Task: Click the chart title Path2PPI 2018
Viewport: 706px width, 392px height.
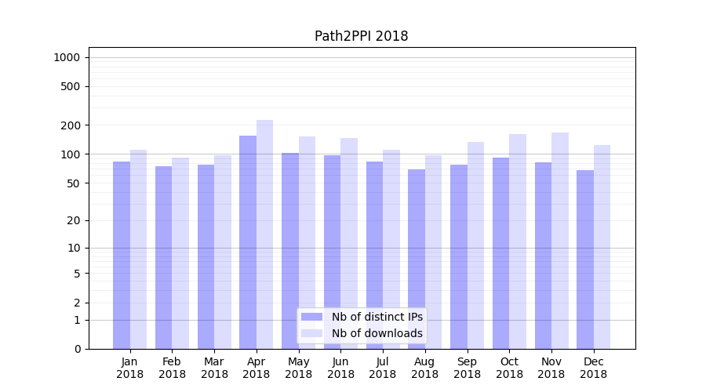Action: click(361, 36)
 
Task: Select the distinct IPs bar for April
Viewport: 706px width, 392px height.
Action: click(248, 242)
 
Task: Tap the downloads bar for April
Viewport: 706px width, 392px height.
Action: click(264, 234)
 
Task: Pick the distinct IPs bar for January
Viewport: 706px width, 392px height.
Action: click(122, 255)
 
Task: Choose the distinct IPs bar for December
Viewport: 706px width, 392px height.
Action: click(585, 260)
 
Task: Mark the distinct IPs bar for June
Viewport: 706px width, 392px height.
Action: click(333, 252)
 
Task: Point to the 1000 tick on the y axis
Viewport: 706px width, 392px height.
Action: click(67, 57)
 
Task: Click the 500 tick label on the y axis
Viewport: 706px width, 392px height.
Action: click(71, 86)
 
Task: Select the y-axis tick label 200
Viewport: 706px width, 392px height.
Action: click(71, 125)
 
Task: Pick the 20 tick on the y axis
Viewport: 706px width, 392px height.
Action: click(73, 220)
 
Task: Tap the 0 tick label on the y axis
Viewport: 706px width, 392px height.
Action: click(77, 349)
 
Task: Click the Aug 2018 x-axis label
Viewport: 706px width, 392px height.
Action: click(425, 368)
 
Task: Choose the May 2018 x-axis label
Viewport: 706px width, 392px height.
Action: click(299, 368)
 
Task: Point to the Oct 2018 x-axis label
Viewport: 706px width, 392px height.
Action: click(509, 368)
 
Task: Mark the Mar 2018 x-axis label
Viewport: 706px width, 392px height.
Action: click(214, 368)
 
